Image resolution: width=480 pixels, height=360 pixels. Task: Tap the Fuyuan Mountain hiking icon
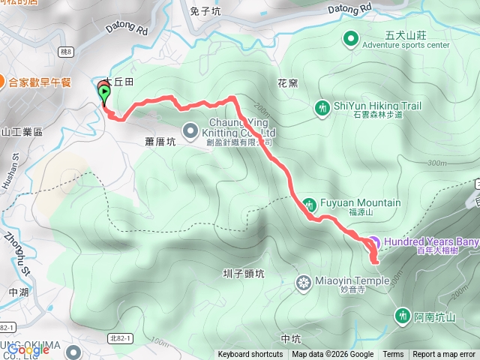click(x=309, y=203)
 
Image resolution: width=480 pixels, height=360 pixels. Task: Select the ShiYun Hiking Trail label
click(x=367, y=105)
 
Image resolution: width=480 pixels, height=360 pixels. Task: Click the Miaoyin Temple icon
click(x=304, y=282)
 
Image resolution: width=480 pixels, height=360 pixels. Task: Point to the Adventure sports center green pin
click(x=350, y=38)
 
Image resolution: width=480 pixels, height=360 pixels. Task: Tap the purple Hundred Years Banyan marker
click(x=373, y=242)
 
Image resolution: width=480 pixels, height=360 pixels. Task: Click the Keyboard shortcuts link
click(x=250, y=355)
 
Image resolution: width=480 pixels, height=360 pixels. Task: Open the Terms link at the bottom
click(x=393, y=355)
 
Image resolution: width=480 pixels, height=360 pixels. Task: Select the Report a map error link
click(x=444, y=355)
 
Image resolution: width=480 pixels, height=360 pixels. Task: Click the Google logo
click(x=28, y=349)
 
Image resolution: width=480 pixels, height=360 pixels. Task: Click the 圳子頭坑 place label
click(x=244, y=274)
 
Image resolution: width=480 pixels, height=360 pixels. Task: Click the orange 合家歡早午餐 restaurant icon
click(x=3, y=82)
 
